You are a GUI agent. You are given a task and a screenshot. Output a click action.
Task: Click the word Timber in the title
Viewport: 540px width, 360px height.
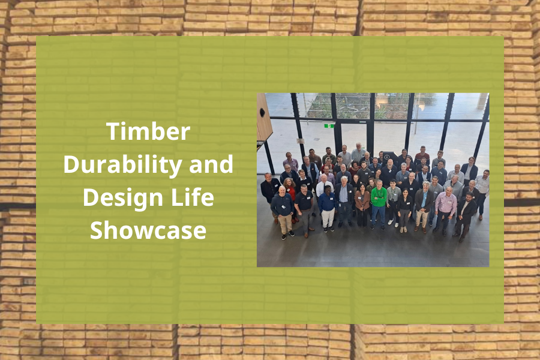coord(148,132)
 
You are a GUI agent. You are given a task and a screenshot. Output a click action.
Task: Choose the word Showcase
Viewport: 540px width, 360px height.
coord(148,231)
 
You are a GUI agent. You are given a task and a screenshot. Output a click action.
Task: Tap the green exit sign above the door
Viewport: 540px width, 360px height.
coord(329,126)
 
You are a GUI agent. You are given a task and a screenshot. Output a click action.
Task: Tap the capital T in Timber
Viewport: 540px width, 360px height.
coord(112,132)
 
